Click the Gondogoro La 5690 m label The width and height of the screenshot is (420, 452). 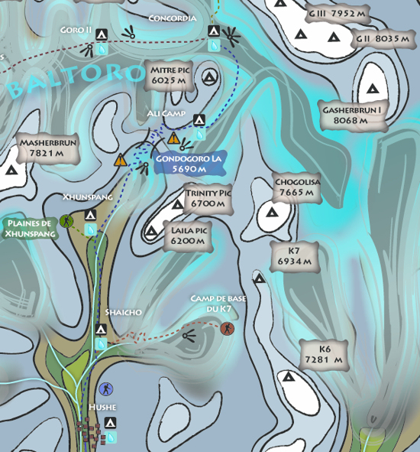(x=189, y=163)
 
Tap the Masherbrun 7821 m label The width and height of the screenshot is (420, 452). (x=48, y=148)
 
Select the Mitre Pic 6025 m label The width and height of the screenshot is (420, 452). (x=169, y=76)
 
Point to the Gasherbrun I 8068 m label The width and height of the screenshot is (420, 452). (x=353, y=115)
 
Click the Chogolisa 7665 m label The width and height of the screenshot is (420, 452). (x=297, y=187)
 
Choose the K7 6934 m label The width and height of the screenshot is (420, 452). (x=295, y=256)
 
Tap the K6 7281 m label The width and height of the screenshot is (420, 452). (x=324, y=355)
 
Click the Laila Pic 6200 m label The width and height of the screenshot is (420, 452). (x=189, y=236)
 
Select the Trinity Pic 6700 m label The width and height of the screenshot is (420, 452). (x=208, y=198)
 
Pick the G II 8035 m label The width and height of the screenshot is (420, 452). (x=383, y=39)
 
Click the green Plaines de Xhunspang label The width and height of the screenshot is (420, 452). (x=31, y=229)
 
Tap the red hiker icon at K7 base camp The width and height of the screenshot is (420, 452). (x=227, y=329)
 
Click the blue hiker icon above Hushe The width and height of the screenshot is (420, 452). (x=106, y=389)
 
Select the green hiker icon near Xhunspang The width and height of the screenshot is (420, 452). (x=66, y=221)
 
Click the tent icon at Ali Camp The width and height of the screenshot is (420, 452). (x=199, y=120)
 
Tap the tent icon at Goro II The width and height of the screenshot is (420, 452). (x=102, y=34)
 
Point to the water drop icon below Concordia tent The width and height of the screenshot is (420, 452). (x=214, y=46)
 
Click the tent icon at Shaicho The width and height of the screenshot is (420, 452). (x=101, y=329)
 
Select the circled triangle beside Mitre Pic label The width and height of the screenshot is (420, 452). (x=209, y=77)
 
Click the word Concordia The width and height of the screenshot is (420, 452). (x=173, y=18)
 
